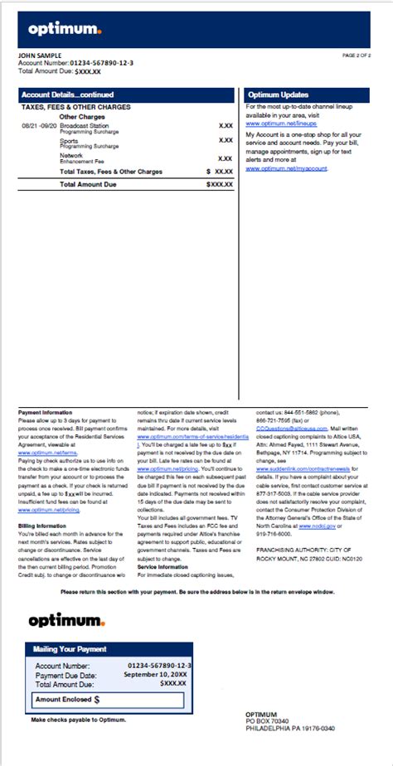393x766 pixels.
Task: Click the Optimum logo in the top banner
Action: tap(65, 30)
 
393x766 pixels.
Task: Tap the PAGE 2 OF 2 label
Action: tap(357, 56)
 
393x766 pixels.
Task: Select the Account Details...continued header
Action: tap(68, 95)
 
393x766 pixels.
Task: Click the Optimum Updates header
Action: tap(278, 95)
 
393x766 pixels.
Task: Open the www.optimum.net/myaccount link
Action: tap(287, 168)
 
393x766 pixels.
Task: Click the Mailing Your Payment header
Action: tap(70, 649)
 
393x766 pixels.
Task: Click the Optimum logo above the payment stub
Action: tap(65, 620)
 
